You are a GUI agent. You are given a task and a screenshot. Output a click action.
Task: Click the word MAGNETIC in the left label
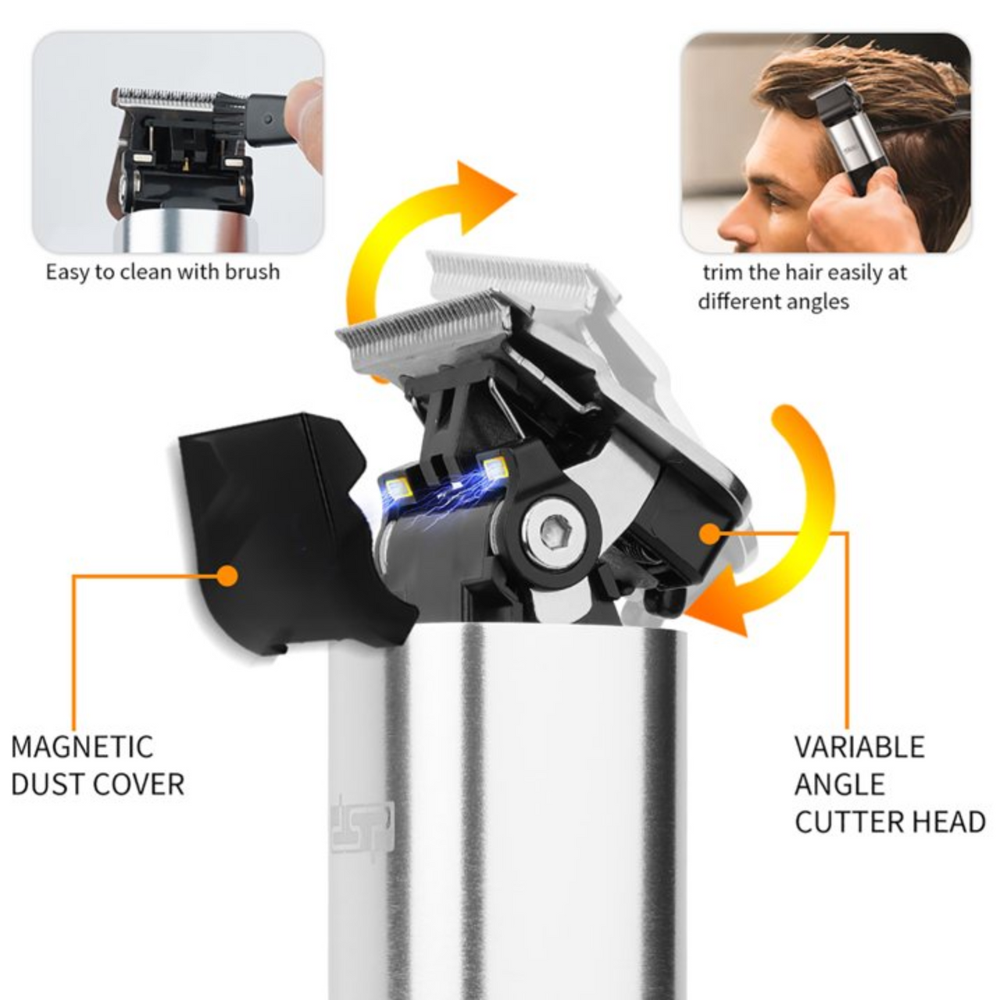click(x=82, y=747)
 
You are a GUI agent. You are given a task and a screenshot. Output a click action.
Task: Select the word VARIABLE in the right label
click(x=859, y=747)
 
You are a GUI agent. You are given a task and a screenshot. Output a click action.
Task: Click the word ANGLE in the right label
click(x=839, y=784)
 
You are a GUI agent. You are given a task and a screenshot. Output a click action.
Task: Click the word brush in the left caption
click(x=252, y=272)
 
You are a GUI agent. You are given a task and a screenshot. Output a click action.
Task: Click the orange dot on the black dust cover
click(x=227, y=576)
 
